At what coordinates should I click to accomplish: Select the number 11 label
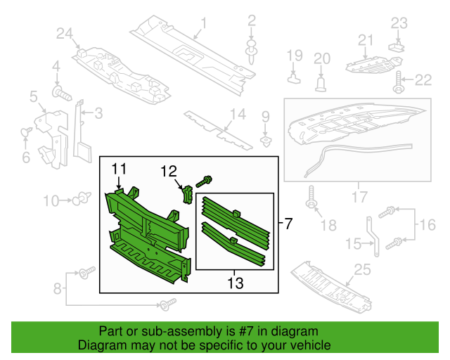pyautogui.click(x=119, y=168)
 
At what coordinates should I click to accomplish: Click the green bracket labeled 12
pyautogui.click(x=187, y=193)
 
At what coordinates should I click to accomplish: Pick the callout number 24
pyautogui.click(x=65, y=33)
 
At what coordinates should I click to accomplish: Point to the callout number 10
pyautogui.click(x=51, y=201)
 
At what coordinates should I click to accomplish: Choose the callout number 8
pyautogui.click(x=58, y=288)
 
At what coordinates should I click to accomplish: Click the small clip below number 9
pyautogui.click(x=265, y=139)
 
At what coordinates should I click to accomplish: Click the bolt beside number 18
pyautogui.click(x=311, y=203)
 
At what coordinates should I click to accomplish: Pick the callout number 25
pyautogui.click(x=362, y=269)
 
